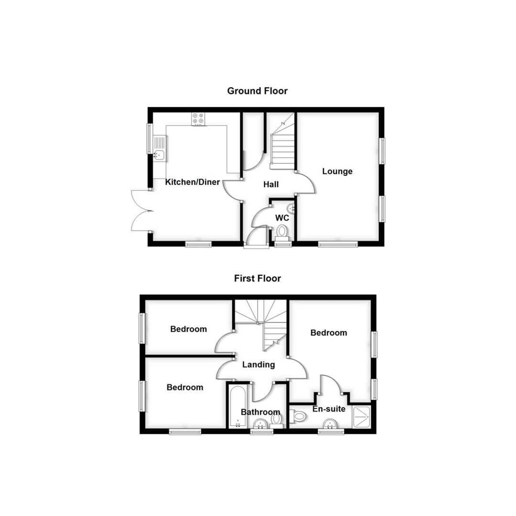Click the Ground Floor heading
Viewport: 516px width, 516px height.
(x=257, y=91)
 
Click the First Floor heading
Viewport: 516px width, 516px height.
(x=257, y=278)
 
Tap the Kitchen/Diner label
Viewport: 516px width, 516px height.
(x=193, y=182)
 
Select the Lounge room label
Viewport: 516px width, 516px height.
(x=337, y=171)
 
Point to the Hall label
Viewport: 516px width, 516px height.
(x=271, y=184)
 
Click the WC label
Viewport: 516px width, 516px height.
(x=282, y=218)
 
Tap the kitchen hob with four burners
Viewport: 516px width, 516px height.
(x=198, y=118)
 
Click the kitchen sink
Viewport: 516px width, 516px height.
(x=159, y=154)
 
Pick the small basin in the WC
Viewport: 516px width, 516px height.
(x=290, y=208)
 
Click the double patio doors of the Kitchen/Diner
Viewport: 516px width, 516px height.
(x=140, y=210)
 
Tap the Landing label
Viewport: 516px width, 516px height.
(x=258, y=365)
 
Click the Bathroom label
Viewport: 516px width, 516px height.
(x=260, y=412)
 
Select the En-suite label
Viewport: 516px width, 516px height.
(x=329, y=409)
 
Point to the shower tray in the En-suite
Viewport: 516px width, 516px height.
(x=362, y=417)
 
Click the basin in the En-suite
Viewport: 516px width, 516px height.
(x=330, y=424)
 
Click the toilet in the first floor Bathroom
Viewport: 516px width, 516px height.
(x=277, y=420)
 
